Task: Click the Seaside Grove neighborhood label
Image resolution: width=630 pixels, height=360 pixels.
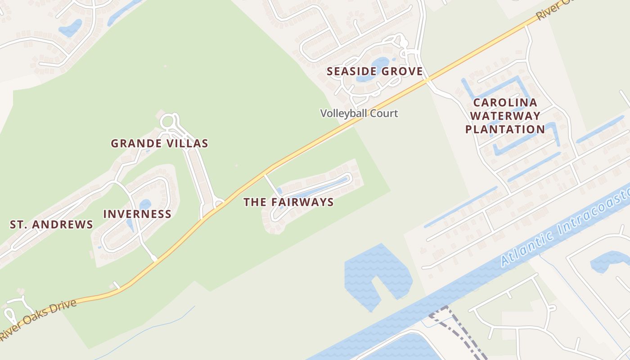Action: coord(374,71)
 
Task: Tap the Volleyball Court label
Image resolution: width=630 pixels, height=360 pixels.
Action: coord(359,113)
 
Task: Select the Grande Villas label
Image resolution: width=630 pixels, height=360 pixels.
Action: coord(159,144)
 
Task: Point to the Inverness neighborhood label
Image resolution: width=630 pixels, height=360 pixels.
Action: coord(137,214)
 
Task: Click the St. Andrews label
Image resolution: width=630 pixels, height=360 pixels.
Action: coord(51,224)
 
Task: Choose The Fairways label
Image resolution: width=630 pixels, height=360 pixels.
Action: coord(288,202)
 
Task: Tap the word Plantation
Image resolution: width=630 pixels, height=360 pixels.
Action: coord(505,130)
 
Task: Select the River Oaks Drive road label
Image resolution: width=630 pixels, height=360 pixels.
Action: coord(38,319)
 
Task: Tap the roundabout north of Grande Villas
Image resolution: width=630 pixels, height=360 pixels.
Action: coord(168,121)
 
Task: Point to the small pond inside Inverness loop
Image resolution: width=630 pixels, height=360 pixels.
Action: coord(145,205)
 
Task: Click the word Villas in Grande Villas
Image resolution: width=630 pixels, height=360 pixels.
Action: coord(190,144)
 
